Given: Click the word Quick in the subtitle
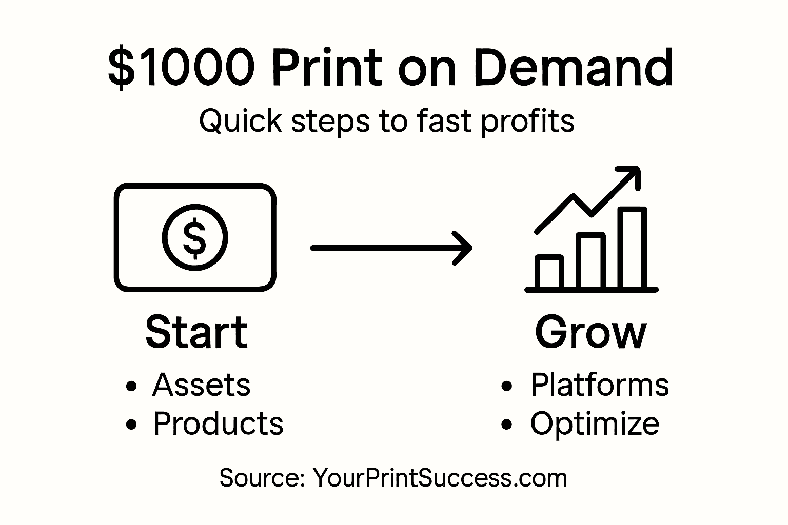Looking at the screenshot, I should [x=240, y=122].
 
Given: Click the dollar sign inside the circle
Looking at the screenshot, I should [x=195, y=237].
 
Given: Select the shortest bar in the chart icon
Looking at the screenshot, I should [x=549, y=272].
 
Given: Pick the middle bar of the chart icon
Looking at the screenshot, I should [x=590, y=260].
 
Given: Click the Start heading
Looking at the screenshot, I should [x=196, y=333].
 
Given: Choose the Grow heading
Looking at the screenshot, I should [x=590, y=333].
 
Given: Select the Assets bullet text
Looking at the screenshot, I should [x=201, y=385].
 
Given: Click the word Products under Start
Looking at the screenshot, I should [x=218, y=423].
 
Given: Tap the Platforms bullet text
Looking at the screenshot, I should [x=600, y=385].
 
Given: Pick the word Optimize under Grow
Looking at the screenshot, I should [x=595, y=424].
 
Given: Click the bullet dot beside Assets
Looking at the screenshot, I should [x=132, y=386].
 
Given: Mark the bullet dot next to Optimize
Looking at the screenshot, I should [x=507, y=425].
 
